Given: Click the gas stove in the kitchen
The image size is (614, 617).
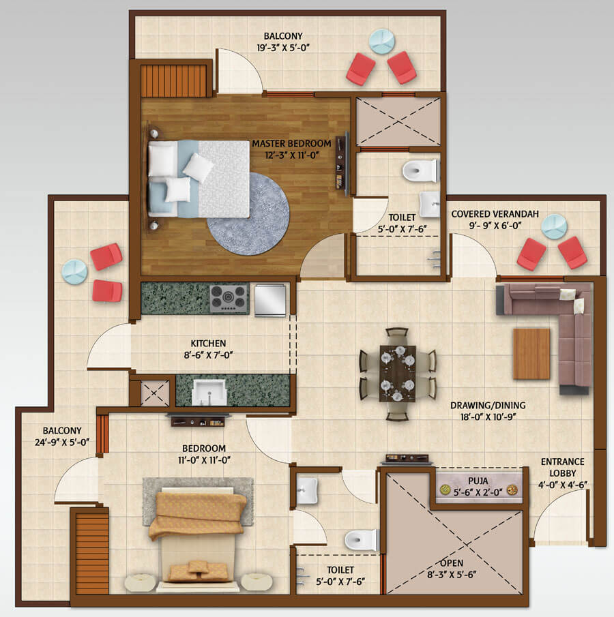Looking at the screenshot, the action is pos(229,299).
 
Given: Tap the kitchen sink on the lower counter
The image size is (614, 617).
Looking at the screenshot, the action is pos(209,392).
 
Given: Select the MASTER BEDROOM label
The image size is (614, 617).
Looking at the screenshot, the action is pos(291,144).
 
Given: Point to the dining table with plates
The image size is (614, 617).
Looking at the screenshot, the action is pos(398,373).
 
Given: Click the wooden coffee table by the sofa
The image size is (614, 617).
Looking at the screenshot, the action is pos(531,354).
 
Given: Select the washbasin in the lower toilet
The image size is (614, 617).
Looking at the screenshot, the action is pos(307,490).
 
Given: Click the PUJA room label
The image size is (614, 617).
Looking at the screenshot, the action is pos(478,481).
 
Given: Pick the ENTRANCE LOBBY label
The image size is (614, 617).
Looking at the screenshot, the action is pos(562,467).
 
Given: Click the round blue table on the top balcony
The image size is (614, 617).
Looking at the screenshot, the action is pos(382,41).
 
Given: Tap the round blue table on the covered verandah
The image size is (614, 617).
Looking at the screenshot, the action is pos(554,226).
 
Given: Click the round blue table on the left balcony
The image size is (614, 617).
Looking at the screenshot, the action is pos(74,271).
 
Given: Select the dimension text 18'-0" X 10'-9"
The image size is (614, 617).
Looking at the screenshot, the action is pos(488,417).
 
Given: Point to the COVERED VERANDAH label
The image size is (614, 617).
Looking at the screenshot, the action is pos(495,214).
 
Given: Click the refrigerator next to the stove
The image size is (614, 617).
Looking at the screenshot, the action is pos(270,300).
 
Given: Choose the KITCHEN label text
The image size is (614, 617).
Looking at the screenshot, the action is pos(208,343).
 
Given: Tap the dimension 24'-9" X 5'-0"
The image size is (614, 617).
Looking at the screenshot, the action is pos(62,442).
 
